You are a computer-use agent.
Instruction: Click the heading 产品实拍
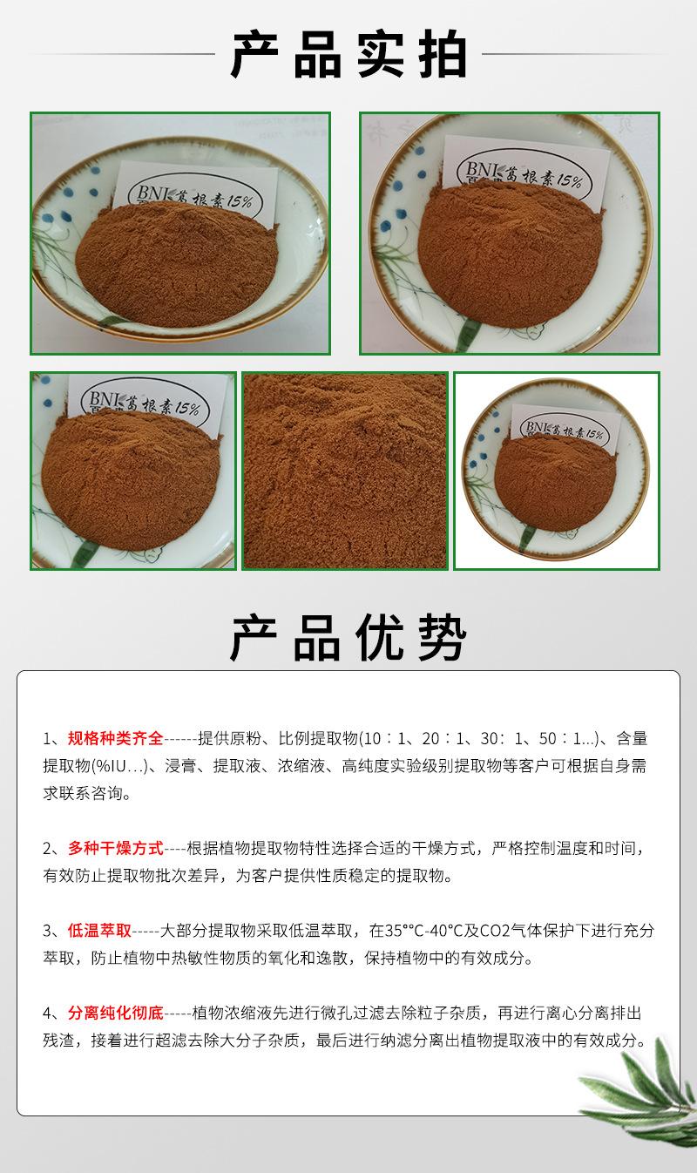coord(348,55)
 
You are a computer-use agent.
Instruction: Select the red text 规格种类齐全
coord(115,739)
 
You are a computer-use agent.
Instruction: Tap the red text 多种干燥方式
coord(115,848)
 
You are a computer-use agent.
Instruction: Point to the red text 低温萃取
coord(99,931)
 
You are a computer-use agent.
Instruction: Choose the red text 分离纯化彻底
coord(115,1013)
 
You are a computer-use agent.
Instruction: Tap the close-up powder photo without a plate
coord(345,471)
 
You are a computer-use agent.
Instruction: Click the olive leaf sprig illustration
coord(640,1102)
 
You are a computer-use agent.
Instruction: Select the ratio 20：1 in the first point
coord(441,739)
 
